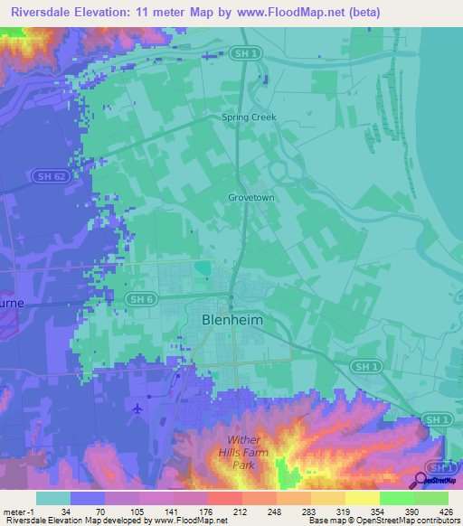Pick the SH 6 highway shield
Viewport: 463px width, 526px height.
[x=137, y=299]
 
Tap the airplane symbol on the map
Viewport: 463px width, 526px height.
[x=137, y=409]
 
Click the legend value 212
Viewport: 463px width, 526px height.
[x=223, y=511]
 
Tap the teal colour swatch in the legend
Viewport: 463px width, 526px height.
[x=52, y=498]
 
